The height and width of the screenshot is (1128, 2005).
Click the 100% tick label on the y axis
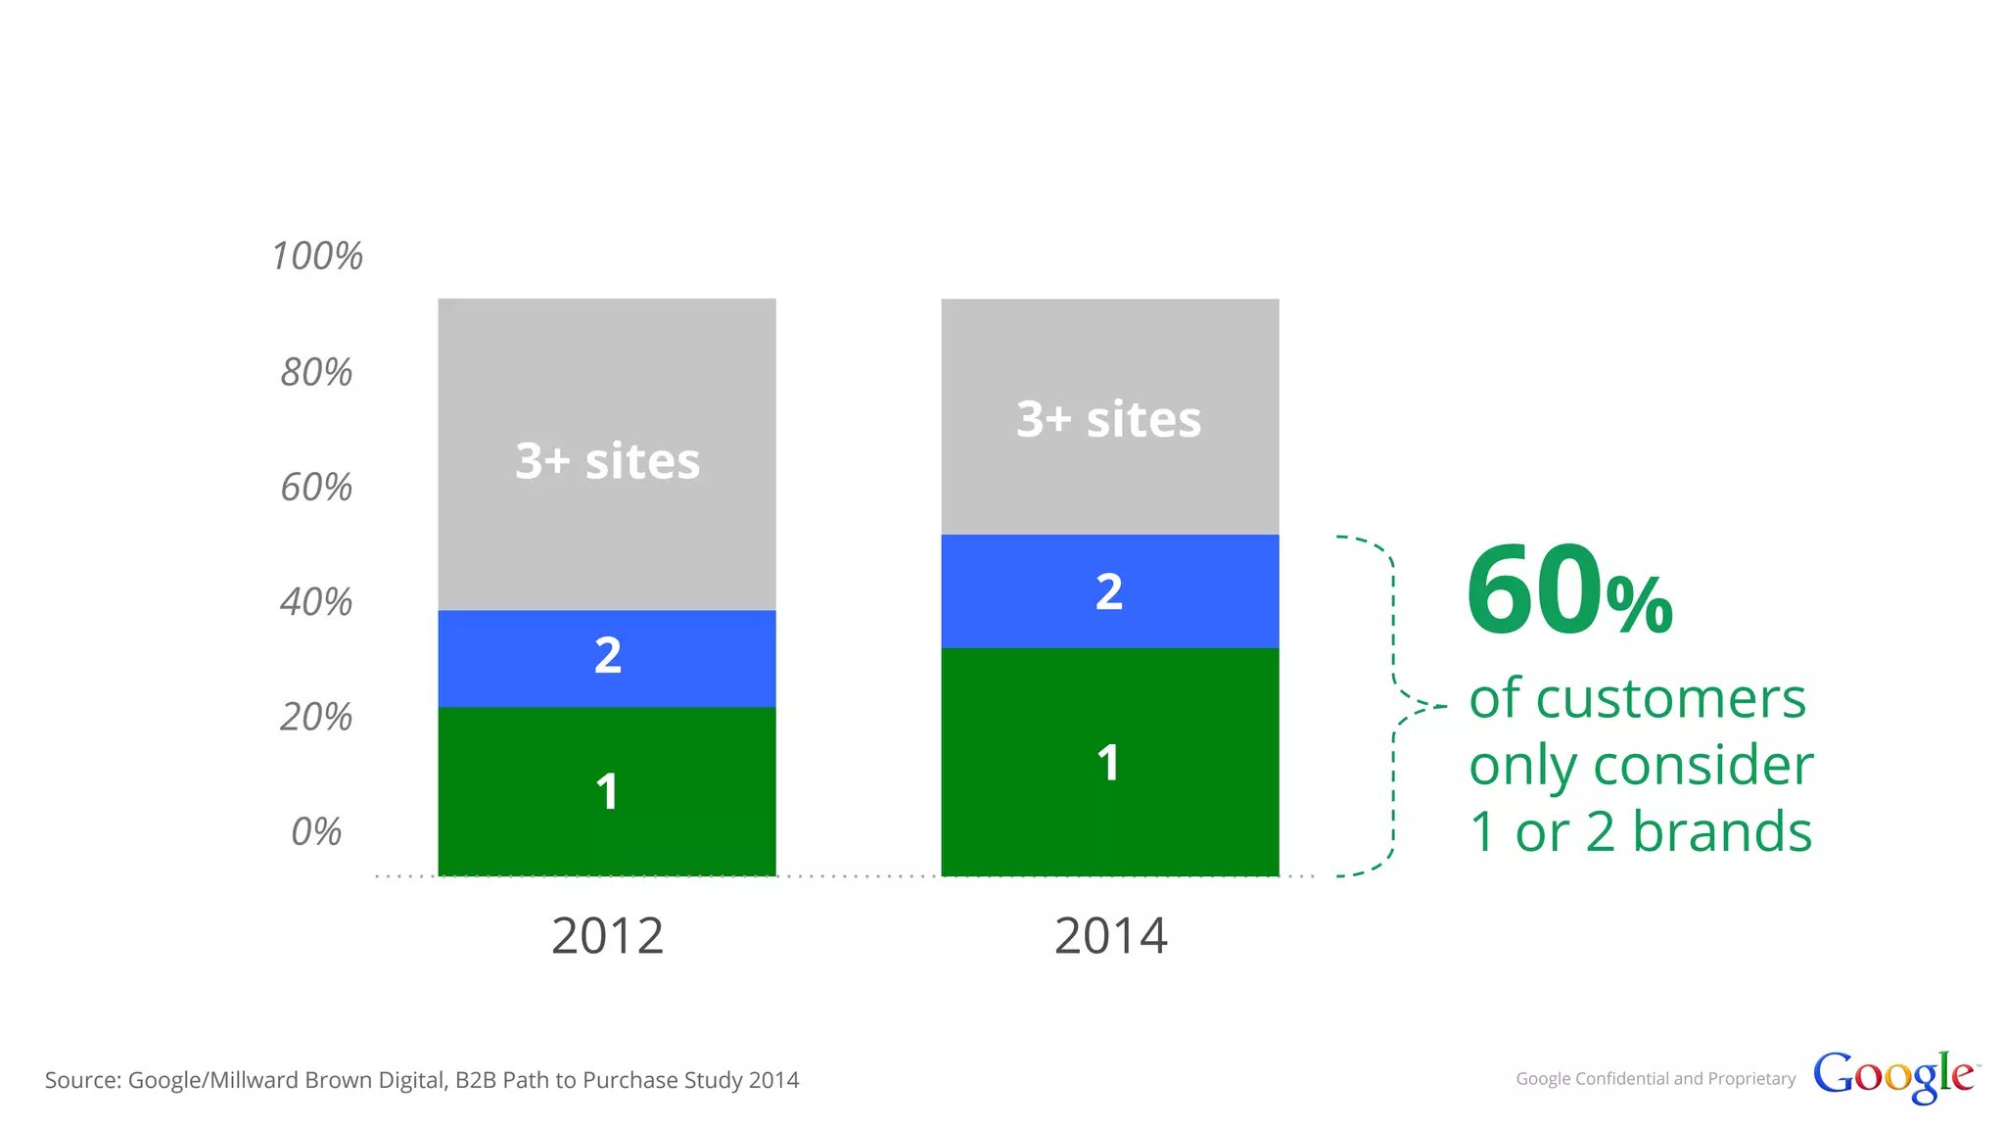pos(317,257)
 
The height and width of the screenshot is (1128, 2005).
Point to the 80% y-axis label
pos(316,372)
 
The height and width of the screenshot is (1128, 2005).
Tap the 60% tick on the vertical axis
pos(316,487)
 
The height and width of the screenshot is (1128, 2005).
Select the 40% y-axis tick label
pos(316,601)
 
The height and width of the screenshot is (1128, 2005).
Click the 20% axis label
pos(316,717)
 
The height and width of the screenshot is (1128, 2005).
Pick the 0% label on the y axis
pos(316,831)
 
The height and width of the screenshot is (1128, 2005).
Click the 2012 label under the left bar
pos(607,936)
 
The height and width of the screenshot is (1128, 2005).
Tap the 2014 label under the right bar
pos(1110,936)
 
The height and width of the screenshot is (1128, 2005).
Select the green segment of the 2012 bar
pos(607,791)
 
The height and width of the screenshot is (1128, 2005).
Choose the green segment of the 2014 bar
pos(1109,762)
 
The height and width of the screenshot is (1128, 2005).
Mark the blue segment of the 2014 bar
pos(1109,591)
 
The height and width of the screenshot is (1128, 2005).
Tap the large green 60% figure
pos(1569,591)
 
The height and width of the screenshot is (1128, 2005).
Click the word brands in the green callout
pos(1722,831)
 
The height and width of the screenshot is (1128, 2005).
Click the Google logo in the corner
pos(1894,1076)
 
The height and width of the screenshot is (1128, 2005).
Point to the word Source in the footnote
pos(82,1080)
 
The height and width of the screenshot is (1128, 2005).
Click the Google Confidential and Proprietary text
pos(1655,1078)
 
